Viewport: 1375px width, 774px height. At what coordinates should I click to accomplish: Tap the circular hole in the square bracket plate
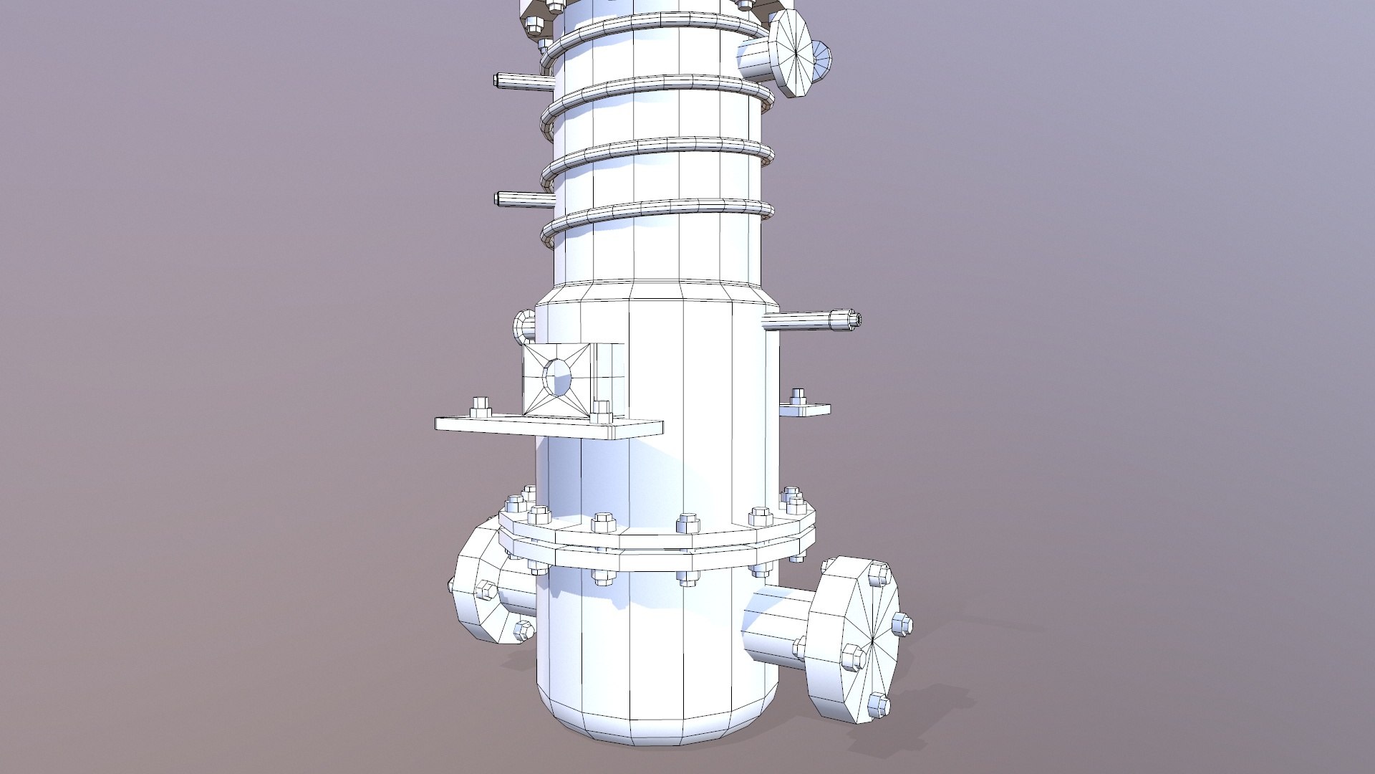(x=558, y=377)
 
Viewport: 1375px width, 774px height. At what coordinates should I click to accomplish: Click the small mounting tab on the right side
(x=806, y=410)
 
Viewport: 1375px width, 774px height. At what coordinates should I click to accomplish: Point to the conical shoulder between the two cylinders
(x=655, y=292)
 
